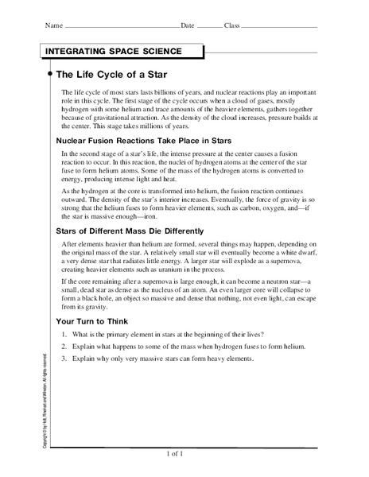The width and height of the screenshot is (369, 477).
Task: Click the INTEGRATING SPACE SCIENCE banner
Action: tap(113, 52)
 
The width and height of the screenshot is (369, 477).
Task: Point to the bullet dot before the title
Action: tap(51, 74)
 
